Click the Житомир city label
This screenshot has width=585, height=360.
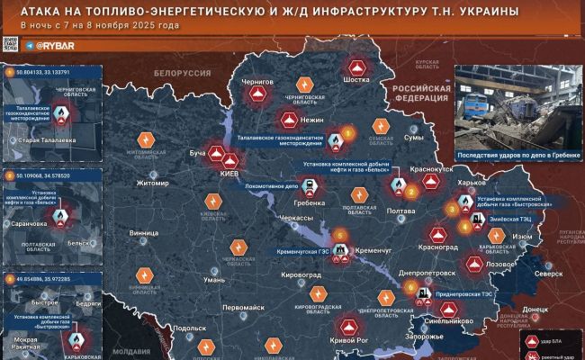[151, 184]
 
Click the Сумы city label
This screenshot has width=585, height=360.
[413, 138]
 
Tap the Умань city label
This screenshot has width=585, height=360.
[214, 281]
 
